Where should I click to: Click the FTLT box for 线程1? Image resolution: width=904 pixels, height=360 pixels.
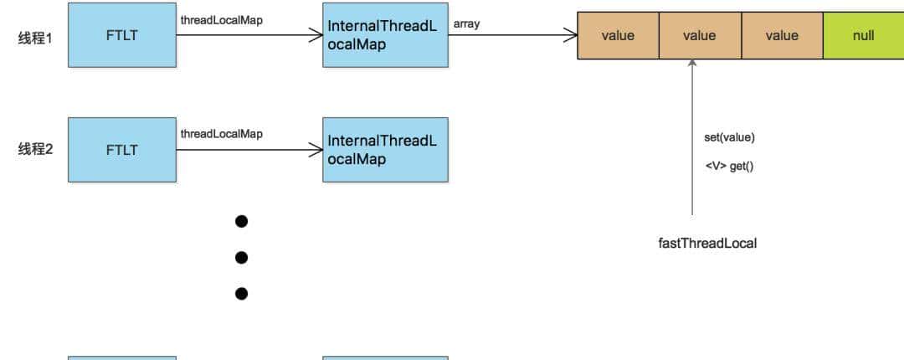point(121,35)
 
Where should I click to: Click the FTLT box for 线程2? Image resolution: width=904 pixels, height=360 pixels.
point(121,150)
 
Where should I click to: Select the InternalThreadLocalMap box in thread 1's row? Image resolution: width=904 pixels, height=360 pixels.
point(385,35)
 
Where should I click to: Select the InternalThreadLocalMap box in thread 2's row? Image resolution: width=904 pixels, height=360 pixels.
point(385,150)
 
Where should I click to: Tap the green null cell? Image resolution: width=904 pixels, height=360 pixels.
point(863,35)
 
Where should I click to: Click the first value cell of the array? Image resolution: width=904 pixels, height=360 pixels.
point(618,35)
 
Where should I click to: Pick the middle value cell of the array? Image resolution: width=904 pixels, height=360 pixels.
point(699,35)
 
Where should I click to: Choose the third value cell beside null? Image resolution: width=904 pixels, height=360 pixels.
point(781,35)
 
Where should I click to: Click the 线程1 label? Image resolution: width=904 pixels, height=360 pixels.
point(35,38)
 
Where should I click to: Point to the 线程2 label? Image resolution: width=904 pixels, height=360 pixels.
point(35,150)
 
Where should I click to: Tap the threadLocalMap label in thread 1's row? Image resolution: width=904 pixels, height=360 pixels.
point(221,20)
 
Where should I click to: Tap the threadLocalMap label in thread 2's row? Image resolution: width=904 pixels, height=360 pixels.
point(221,134)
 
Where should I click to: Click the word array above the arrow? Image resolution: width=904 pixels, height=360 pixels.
point(466,24)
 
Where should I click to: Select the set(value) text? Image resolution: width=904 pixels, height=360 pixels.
point(729,137)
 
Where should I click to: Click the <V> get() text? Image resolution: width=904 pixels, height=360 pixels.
point(729,166)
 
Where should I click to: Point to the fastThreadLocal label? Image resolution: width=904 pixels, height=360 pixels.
point(707,244)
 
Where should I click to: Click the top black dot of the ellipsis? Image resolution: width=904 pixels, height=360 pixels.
point(242,221)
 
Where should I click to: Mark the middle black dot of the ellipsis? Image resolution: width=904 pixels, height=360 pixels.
point(242,257)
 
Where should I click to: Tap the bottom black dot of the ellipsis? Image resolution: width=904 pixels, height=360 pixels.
point(242,293)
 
